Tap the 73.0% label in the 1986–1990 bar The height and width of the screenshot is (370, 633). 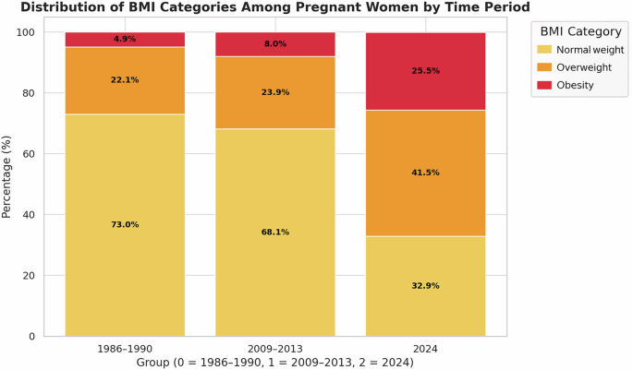click(125, 224)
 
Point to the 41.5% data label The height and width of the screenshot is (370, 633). click(426, 173)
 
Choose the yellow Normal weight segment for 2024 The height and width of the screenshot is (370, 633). click(426, 304)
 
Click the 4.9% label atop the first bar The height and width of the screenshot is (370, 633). click(125, 40)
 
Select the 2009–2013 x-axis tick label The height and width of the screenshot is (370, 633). click(275, 349)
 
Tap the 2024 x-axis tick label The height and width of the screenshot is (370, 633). click(426, 349)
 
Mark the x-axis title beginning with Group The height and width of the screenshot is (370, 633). click(274, 363)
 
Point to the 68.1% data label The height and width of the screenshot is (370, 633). click(275, 232)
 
